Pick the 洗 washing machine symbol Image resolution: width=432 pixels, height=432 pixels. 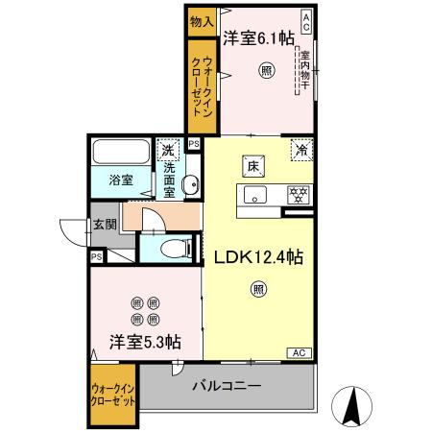169,150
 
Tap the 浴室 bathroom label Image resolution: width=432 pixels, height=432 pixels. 119,180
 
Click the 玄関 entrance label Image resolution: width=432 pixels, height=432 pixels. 104,226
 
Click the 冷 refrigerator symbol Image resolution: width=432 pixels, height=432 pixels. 301,151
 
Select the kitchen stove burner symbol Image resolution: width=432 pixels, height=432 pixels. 299,195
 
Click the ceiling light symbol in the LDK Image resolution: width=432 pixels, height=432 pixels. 259,287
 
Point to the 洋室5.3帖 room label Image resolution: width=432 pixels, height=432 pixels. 145,341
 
